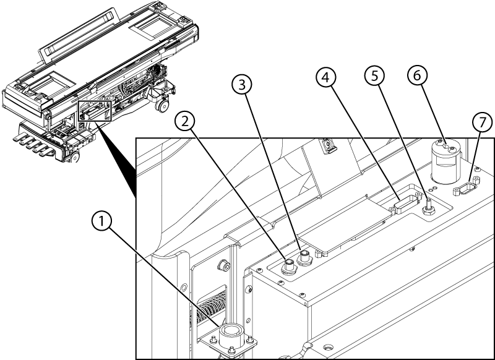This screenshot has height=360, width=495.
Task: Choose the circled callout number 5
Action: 373,77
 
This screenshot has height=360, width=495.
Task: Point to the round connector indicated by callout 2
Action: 288,267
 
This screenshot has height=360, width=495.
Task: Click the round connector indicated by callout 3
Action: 303,257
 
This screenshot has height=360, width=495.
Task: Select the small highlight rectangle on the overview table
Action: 93,111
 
